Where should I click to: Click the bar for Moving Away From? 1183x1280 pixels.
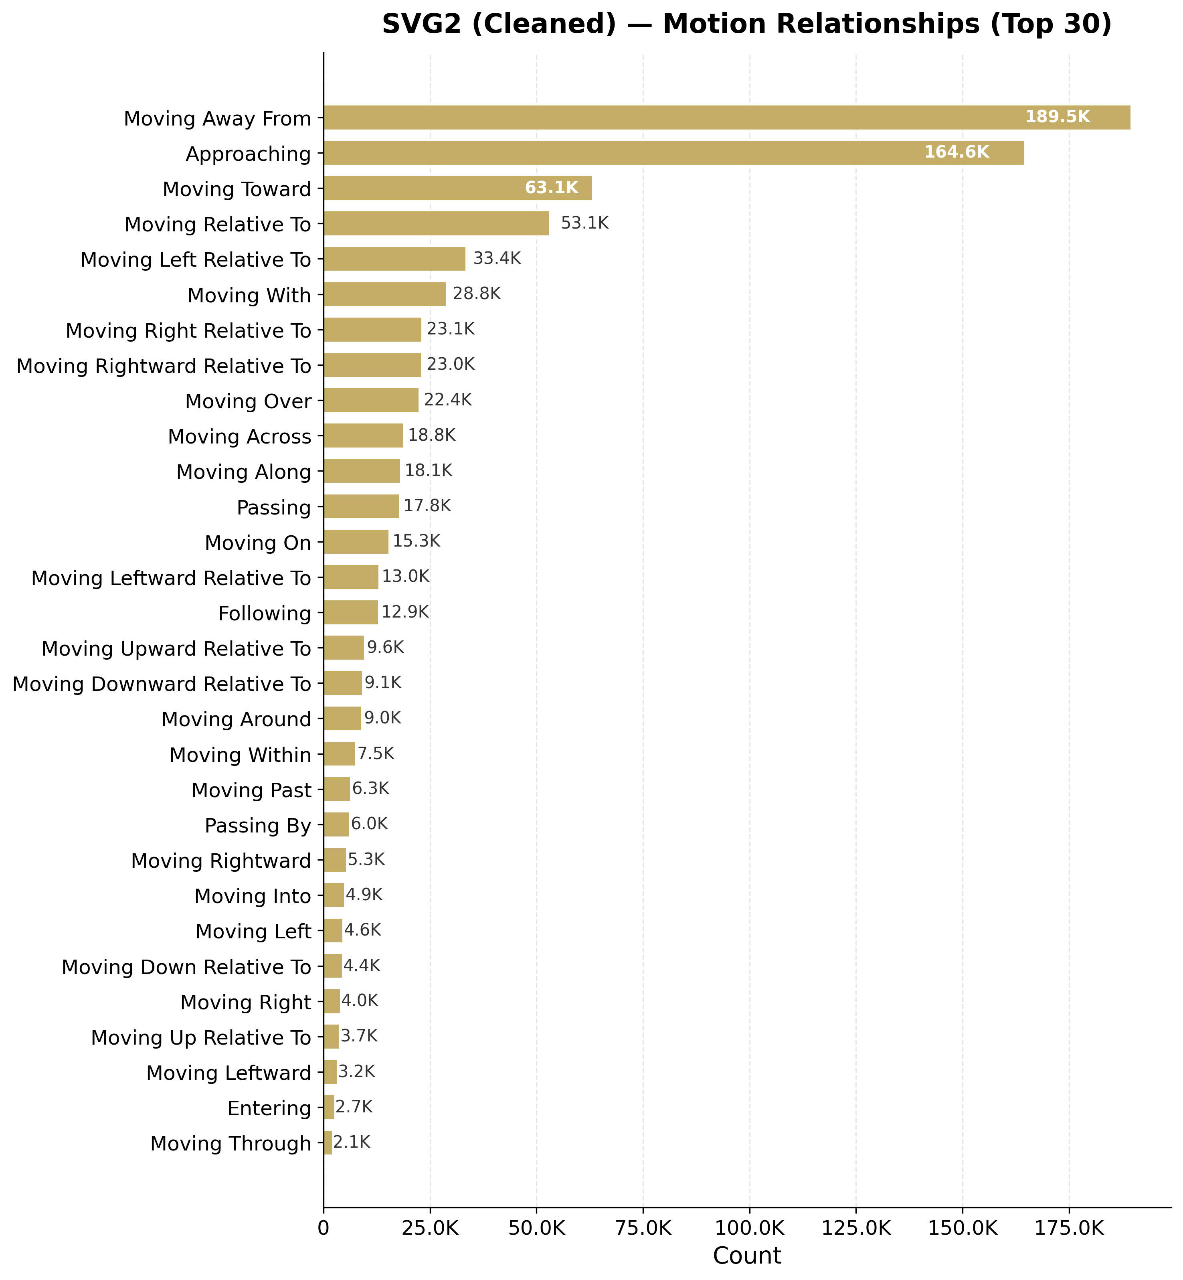click(x=726, y=118)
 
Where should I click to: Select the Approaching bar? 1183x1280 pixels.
click(x=673, y=153)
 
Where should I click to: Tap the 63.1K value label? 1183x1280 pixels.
click(x=551, y=188)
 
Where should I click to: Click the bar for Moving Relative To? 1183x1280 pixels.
click(x=437, y=223)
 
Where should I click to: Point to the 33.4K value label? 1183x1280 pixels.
click(x=497, y=259)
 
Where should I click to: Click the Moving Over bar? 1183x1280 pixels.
click(x=371, y=400)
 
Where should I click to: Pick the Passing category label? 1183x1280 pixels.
click(x=273, y=508)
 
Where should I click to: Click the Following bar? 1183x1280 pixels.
click(x=351, y=612)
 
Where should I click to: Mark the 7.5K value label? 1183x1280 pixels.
click(x=376, y=753)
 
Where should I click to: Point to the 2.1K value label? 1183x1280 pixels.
click(x=352, y=1142)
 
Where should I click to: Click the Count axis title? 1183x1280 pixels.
click(x=747, y=1256)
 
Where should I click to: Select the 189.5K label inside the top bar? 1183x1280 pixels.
click(x=1058, y=117)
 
